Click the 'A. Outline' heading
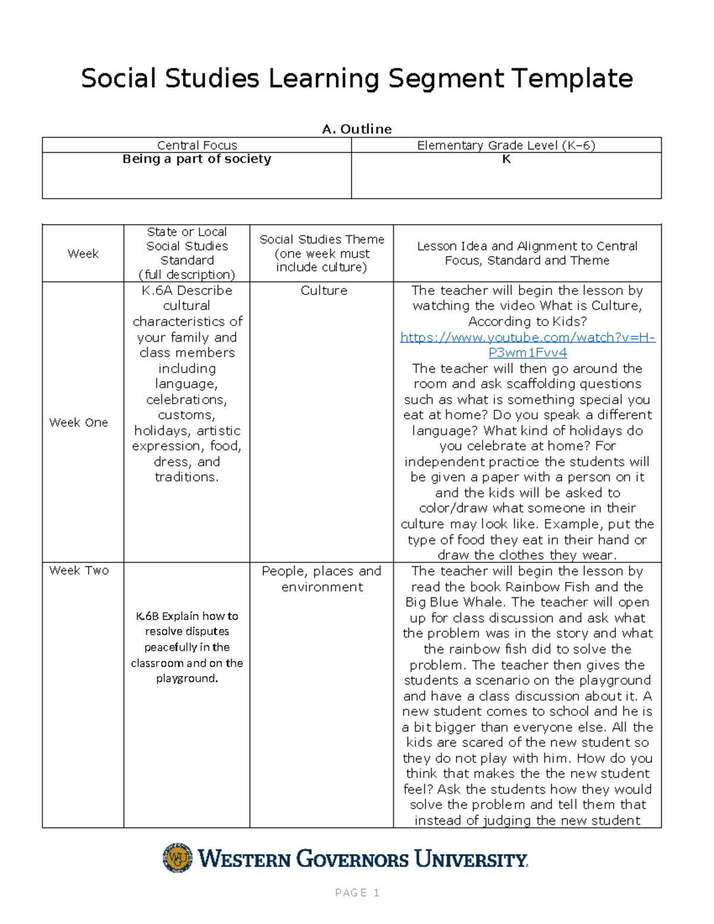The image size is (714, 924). (356, 129)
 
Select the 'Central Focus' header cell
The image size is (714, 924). (197, 145)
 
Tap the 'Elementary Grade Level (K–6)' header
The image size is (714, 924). (506, 145)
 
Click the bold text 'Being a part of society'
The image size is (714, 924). (197, 159)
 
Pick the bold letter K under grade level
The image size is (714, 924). (506, 159)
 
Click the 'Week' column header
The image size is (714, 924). (83, 253)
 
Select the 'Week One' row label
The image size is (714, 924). (79, 422)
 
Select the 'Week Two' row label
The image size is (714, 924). (79, 571)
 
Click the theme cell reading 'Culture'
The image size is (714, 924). (324, 290)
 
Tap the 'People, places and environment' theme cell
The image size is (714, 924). (321, 578)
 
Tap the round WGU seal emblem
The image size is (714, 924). (178, 858)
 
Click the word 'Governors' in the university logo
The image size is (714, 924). (352, 859)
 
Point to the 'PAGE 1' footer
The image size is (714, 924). (357, 892)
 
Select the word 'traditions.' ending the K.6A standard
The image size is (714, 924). (187, 477)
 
